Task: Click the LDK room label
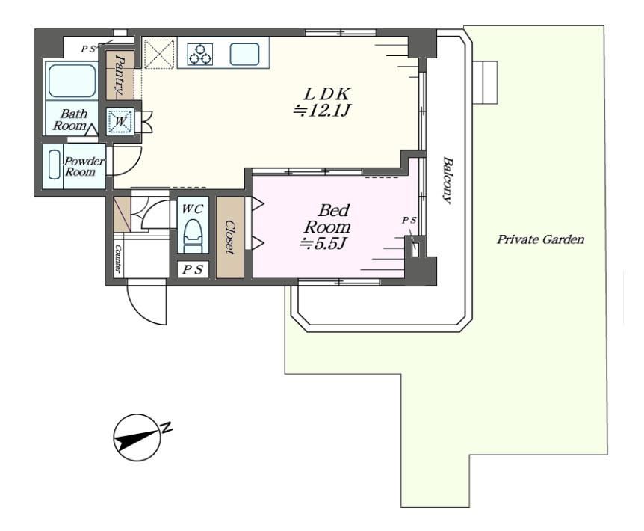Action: (327, 94)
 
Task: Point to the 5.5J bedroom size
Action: (323, 243)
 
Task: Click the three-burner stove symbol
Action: (200, 55)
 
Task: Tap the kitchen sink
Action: (244, 55)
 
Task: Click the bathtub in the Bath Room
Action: (72, 80)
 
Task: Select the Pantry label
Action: (120, 74)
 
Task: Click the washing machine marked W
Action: (120, 121)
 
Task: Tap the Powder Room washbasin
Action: (55, 165)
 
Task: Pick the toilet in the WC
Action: (193, 236)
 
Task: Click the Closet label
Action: (230, 237)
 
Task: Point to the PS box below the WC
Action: (193, 269)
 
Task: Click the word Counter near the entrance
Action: (118, 259)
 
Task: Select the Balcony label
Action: (448, 180)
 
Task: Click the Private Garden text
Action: (540, 239)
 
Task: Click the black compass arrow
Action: (137, 439)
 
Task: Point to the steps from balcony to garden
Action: (486, 82)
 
